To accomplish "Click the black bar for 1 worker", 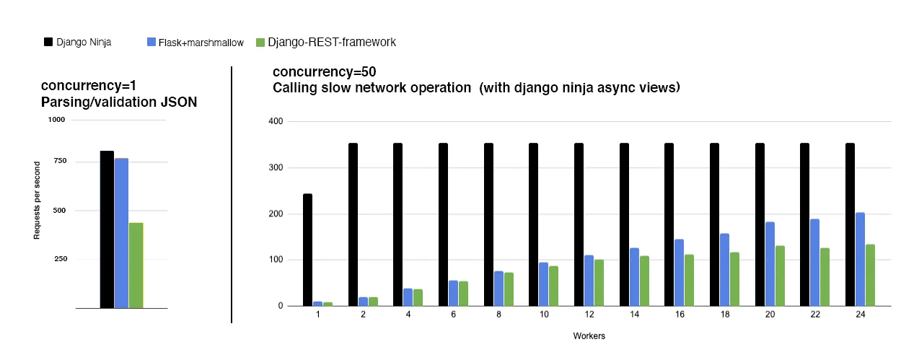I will [307, 250].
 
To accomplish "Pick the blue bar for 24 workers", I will [860, 259].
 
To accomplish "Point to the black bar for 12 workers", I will [579, 224].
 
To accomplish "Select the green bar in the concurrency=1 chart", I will [136, 265].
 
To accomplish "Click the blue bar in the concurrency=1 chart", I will [121, 233].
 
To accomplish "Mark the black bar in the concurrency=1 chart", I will [107, 229].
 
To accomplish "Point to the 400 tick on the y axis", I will [275, 121].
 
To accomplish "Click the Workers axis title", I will [589, 336].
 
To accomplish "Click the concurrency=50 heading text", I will [325, 72].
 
